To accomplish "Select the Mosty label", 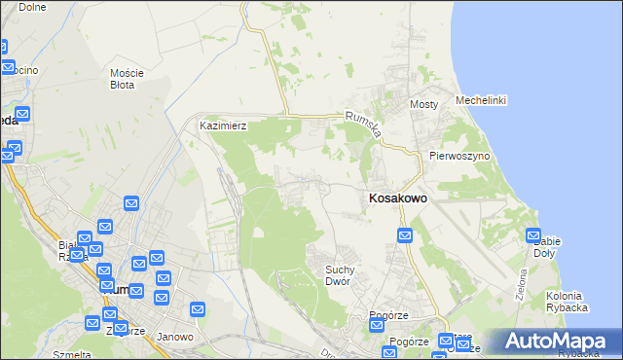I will [x=423, y=104].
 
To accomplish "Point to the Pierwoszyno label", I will [x=458, y=156].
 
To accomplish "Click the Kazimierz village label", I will [x=223, y=126].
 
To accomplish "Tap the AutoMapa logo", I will [x=554, y=342].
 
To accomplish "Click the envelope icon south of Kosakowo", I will [x=406, y=235].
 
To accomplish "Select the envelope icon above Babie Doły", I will [x=534, y=234].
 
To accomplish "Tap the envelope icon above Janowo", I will [x=198, y=309].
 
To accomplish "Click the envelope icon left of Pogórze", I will [x=377, y=325].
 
